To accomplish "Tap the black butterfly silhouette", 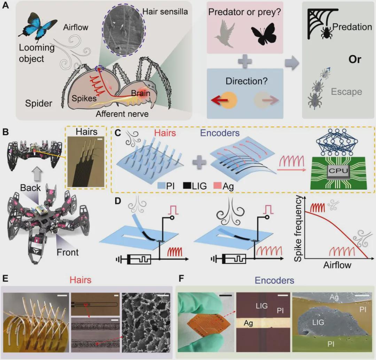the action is tap(264, 34).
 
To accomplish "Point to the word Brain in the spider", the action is tap(141, 93).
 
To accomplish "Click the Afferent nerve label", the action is tap(122, 114).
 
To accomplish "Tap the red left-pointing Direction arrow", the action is tap(219, 100).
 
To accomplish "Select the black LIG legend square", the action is tap(187, 185).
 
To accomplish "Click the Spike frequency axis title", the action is tap(298, 228).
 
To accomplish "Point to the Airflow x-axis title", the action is tap(337, 265).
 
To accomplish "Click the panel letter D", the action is tap(118, 200).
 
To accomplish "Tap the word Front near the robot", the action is tap(68, 252).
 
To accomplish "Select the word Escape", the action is tap(346, 92).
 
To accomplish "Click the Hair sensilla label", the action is tap(165, 12).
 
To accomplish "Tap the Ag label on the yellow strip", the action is tap(248, 323).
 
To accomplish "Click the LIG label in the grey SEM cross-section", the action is tap(318, 322).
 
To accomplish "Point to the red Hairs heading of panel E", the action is tap(80, 280).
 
